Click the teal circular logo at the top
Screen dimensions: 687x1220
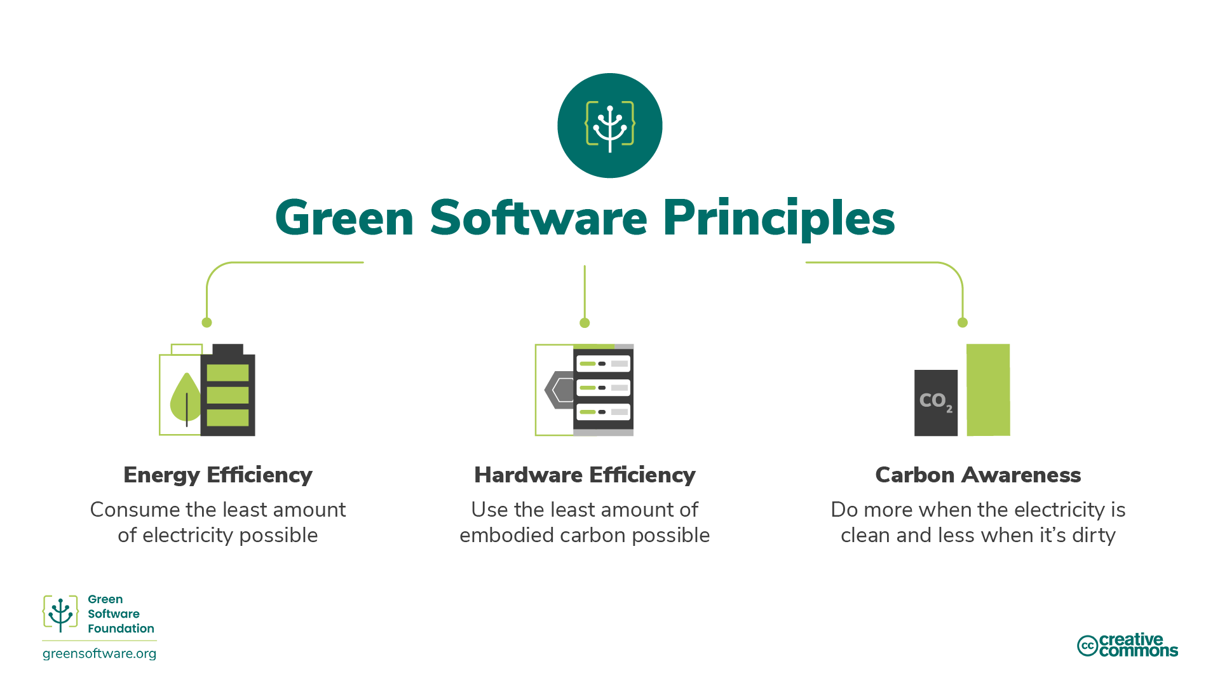pyautogui.click(x=609, y=125)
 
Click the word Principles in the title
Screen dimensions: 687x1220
pyautogui.click(x=778, y=219)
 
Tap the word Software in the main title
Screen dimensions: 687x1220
pyautogui.click(x=538, y=219)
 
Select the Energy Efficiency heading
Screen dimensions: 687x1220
pyautogui.click(x=218, y=475)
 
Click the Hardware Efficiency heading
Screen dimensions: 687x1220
pyautogui.click(x=585, y=475)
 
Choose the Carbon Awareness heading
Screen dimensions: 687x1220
pyautogui.click(x=978, y=475)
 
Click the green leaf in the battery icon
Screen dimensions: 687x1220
pyautogui.click(x=185, y=398)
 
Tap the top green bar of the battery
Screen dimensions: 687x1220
pyautogui.click(x=227, y=372)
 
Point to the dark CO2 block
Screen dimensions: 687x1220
pyautogui.click(x=935, y=402)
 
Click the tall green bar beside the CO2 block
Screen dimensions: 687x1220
pyautogui.click(x=988, y=390)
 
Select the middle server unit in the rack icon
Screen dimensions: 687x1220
pyautogui.click(x=603, y=388)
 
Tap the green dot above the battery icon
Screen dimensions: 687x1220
pyautogui.click(x=207, y=323)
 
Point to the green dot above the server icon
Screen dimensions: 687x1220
pyautogui.click(x=585, y=323)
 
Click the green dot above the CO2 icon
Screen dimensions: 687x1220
pyautogui.click(x=962, y=323)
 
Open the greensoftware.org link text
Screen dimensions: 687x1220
pyautogui.click(x=99, y=654)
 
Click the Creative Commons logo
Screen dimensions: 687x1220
pyautogui.click(x=1127, y=645)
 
